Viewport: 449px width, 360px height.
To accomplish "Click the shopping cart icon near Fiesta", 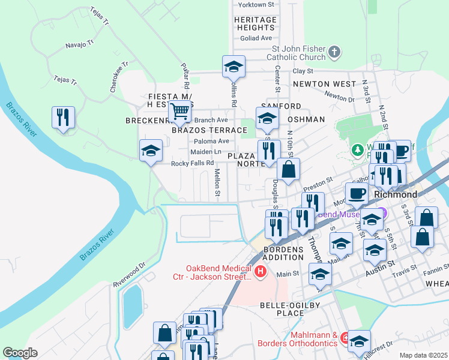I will click(180, 111).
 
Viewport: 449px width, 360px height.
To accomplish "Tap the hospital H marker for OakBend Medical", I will click(261, 272).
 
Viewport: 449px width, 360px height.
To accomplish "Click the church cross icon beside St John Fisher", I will click(335, 53).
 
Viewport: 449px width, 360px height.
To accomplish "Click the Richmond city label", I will click(395, 195).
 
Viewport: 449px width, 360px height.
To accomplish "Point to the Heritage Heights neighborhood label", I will click(255, 23).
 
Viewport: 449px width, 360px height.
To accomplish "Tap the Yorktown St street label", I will click(256, 5).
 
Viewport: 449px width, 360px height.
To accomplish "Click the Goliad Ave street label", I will click(256, 38).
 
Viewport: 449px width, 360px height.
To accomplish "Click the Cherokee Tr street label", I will click(119, 76).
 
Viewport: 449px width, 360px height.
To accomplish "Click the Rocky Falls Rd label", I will click(192, 163).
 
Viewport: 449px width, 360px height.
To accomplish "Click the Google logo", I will click(20, 352).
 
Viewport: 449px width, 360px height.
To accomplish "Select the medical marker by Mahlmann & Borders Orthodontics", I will click(345, 339).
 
